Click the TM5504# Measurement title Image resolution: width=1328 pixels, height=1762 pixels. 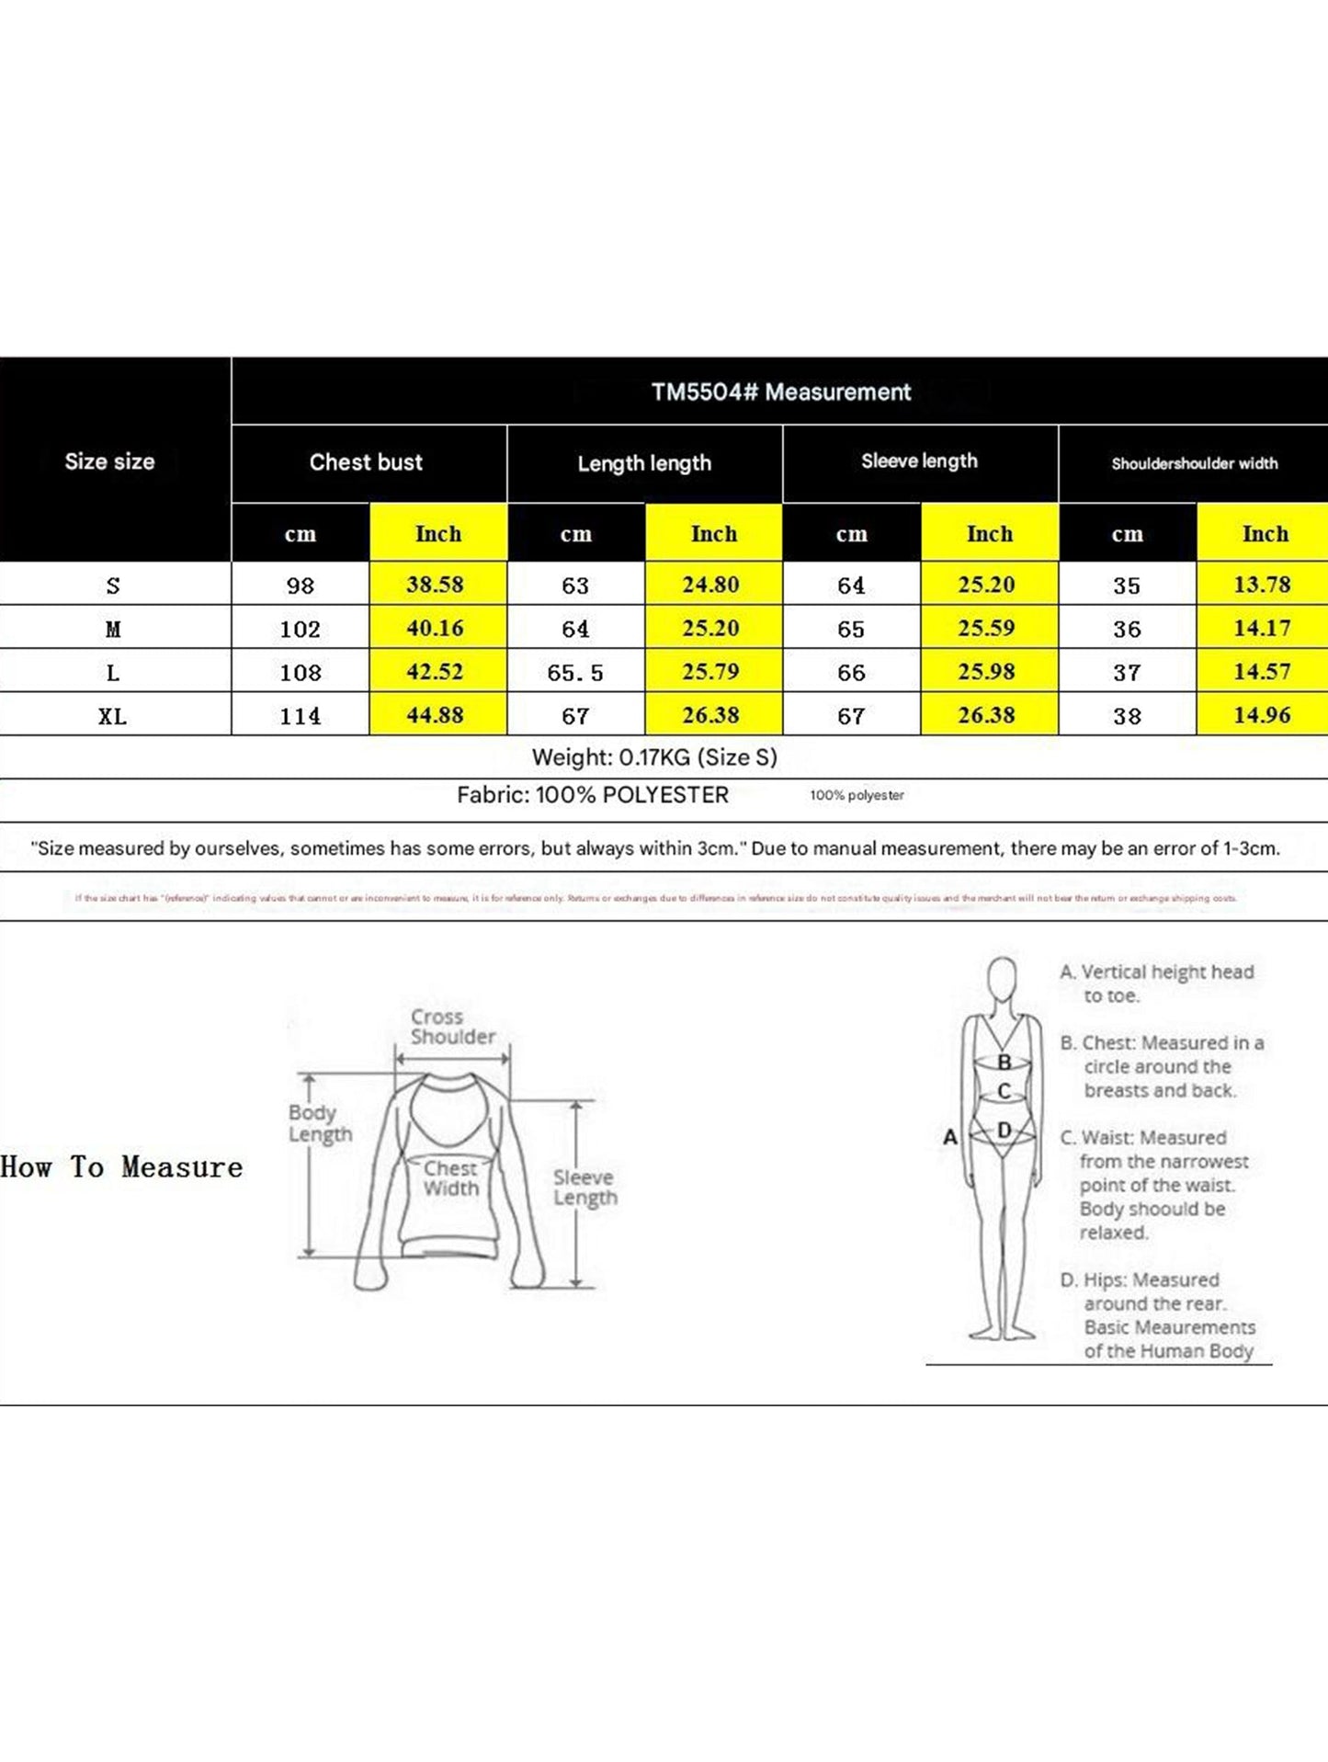pyautogui.click(x=780, y=392)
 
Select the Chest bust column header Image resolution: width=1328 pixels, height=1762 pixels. pyautogui.click(x=366, y=462)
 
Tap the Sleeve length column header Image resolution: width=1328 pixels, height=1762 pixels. pyautogui.click(x=919, y=461)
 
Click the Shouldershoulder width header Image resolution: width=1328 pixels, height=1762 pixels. pyautogui.click(x=1194, y=463)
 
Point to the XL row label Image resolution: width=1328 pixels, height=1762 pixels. pyautogui.click(x=113, y=716)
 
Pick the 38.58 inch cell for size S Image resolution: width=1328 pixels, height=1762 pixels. pyautogui.click(x=436, y=585)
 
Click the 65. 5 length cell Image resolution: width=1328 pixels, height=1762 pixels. pyautogui.click(x=575, y=673)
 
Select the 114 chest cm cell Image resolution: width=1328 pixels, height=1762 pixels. pyautogui.click(x=301, y=716)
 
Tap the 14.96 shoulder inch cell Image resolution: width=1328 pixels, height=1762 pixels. pyautogui.click(x=1262, y=715)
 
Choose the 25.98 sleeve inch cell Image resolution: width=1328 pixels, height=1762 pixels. pyautogui.click(x=986, y=672)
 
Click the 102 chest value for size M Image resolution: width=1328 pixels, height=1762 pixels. pyautogui.click(x=301, y=629)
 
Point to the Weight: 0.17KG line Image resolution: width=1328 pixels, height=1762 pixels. pyautogui.click(x=654, y=757)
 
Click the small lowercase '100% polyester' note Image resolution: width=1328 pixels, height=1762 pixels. pyautogui.click(x=857, y=795)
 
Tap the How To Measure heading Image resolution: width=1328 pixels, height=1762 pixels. pyautogui.click(x=122, y=1167)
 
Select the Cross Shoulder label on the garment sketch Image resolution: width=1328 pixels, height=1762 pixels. pyautogui.click(x=452, y=1027)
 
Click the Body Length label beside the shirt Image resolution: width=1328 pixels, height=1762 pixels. pyautogui.click(x=320, y=1123)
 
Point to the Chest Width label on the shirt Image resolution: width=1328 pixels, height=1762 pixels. pyautogui.click(x=450, y=1178)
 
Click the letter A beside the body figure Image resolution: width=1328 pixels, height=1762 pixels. pyautogui.click(x=950, y=1137)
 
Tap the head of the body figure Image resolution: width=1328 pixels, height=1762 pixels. pyautogui.click(x=1002, y=977)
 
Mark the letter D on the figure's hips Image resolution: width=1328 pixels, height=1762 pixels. pyautogui.click(x=1005, y=1130)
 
